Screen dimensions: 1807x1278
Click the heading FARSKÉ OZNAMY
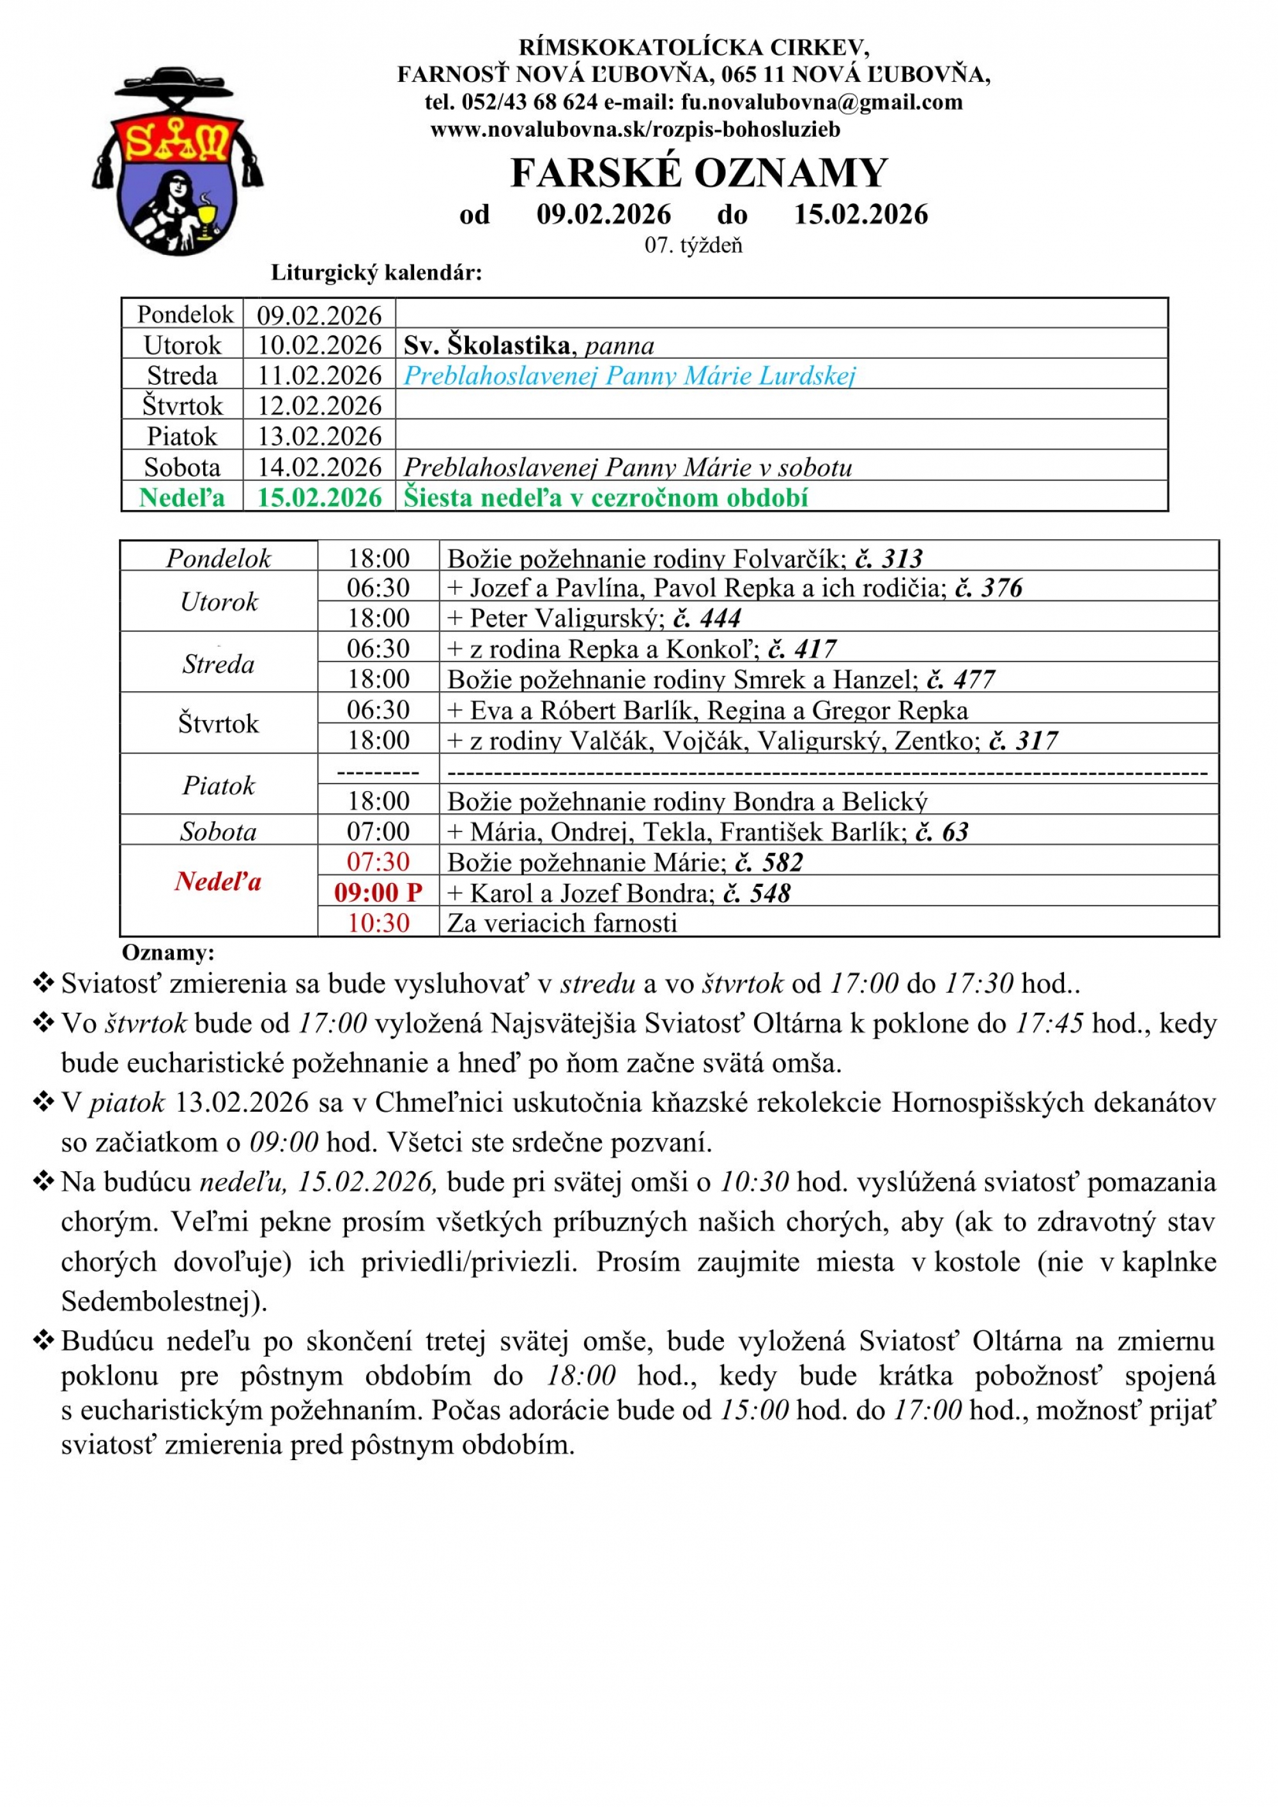pos(699,173)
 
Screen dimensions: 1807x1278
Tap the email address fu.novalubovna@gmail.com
pos(822,102)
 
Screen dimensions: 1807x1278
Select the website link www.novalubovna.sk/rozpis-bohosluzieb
pos(635,129)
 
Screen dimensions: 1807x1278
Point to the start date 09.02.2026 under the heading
pos(604,214)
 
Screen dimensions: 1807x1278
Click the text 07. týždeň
pos(693,245)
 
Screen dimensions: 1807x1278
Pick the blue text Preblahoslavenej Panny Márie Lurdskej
pos(629,376)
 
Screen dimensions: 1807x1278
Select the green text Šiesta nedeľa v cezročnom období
pos(606,497)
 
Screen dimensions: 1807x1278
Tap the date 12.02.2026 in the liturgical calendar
pos(319,406)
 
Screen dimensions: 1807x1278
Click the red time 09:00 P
pos(378,893)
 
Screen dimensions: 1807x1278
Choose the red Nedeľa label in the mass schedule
pos(218,882)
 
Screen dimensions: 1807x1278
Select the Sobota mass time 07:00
pos(378,832)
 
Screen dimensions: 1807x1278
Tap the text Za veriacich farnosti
pos(562,923)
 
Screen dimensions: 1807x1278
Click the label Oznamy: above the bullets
pos(167,953)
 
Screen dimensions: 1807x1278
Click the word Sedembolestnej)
pos(164,1301)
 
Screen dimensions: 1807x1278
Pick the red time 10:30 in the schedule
pos(378,923)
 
